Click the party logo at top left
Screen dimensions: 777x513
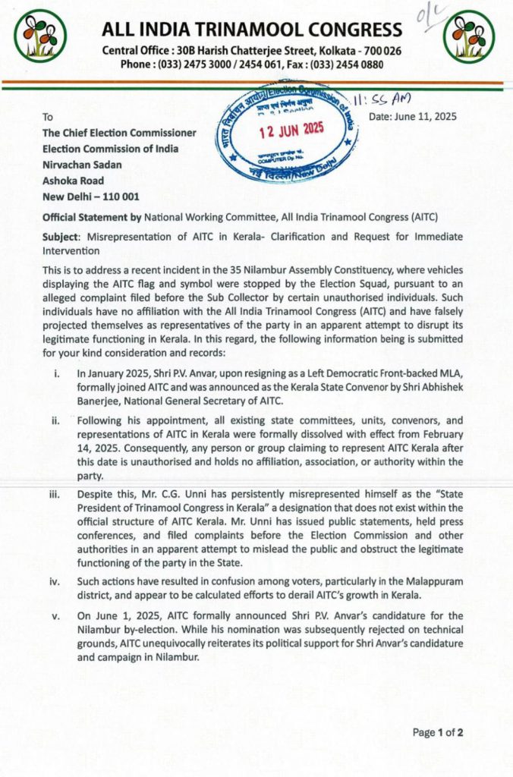click(41, 36)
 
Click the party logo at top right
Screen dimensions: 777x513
click(473, 36)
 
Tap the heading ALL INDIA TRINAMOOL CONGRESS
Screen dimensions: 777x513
click(252, 30)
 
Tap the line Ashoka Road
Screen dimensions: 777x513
click(73, 181)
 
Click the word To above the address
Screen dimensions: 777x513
click(49, 117)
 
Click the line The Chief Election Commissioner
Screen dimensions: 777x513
click(119, 133)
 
